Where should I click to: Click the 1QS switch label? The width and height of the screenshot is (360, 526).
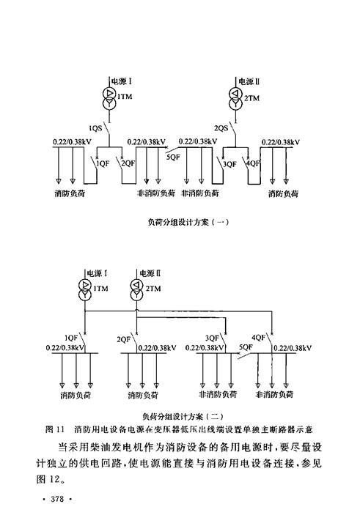click(x=95, y=127)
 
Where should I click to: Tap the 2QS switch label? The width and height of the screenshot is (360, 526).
click(x=221, y=127)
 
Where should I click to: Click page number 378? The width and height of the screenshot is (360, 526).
click(x=57, y=499)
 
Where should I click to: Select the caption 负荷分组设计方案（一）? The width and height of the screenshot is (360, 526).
click(x=188, y=222)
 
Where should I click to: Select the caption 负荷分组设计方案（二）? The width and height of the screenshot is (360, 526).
click(x=183, y=416)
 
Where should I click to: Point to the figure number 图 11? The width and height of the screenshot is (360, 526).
click(x=54, y=429)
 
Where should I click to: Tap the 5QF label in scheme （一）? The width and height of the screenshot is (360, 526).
click(x=173, y=156)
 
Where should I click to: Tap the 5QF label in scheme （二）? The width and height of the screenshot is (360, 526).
click(x=246, y=347)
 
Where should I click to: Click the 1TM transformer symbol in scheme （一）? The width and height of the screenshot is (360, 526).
click(x=109, y=99)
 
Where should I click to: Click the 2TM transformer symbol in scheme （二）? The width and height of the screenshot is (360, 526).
click(x=136, y=289)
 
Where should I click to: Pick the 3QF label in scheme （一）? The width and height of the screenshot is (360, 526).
click(x=229, y=163)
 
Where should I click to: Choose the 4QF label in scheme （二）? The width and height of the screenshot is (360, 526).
click(x=258, y=337)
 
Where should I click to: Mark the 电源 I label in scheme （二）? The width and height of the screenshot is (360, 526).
click(x=97, y=273)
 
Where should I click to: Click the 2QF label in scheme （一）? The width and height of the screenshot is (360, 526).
click(x=128, y=163)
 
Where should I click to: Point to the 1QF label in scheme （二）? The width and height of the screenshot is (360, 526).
click(x=71, y=338)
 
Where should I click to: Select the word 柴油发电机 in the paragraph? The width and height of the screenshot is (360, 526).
click(x=120, y=447)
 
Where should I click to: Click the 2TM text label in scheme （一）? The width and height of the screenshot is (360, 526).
click(x=252, y=98)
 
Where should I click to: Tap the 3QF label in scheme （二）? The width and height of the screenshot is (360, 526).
click(x=212, y=338)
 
